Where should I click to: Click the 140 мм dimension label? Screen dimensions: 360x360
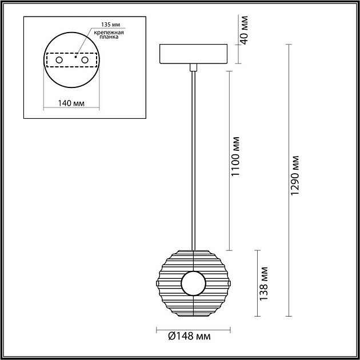pyautogui.click(x=71, y=103)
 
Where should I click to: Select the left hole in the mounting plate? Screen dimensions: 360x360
pyautogui.click(x=58, y=59)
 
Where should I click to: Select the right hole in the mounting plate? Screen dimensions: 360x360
pyautogui.click(x=85, y=59)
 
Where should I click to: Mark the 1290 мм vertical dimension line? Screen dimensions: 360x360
pyautogui.click(x=287, y=180)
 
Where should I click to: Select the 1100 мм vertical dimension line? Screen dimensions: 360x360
pyautogui.click(x=229, y=161)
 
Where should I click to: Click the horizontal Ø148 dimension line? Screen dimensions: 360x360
pyautogui.click(x=193, y=329)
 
